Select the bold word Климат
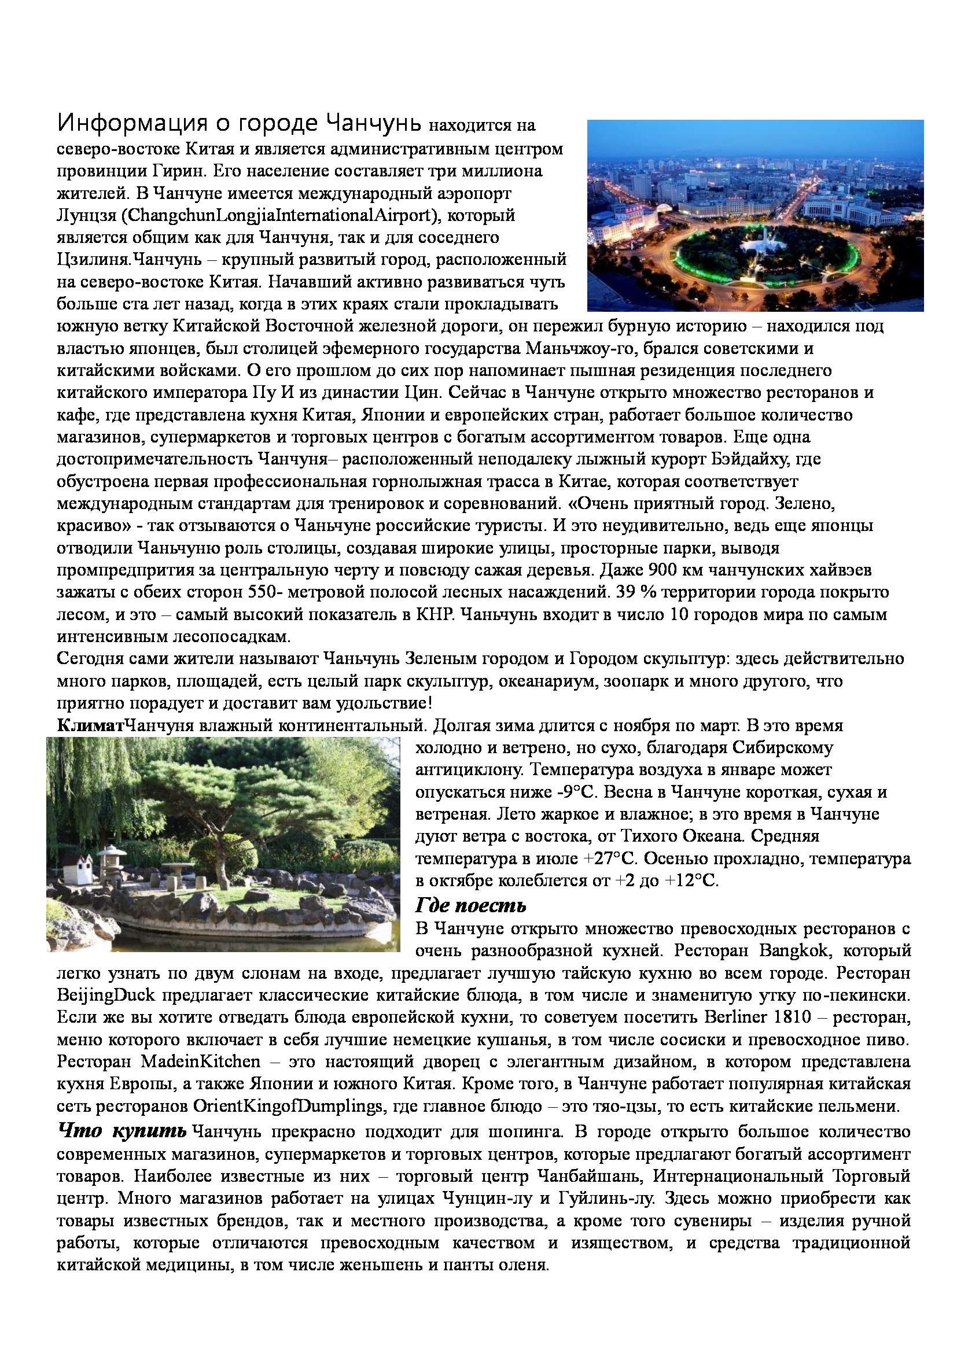[x=91, y=725]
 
